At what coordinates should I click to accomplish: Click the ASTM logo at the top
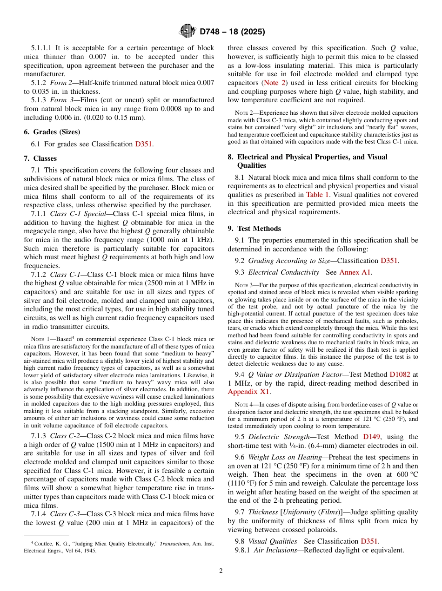[188, 32]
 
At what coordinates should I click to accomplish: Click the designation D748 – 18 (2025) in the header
[232, 32]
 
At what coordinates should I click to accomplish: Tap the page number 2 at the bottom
[221, 571]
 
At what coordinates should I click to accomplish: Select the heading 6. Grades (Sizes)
[52, 132]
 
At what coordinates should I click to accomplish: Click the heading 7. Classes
[40, 158]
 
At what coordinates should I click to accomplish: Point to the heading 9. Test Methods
[254, 229]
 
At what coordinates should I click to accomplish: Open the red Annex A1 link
[355, 272]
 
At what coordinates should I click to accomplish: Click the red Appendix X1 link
[248, 392]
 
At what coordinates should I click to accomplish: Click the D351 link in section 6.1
[143, 144]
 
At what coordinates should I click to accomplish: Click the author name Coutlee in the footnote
[45, 543]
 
